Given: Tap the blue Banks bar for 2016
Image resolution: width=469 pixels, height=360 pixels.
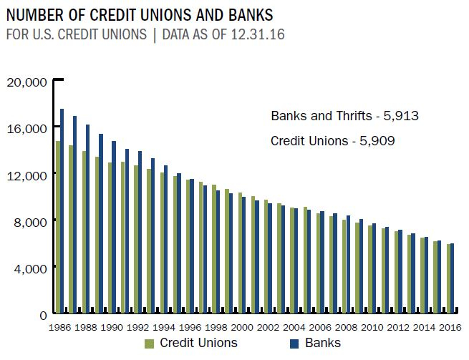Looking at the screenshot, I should coord(452,278).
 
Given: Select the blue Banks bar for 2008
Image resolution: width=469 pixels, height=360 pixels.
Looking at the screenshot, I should coord(348,264).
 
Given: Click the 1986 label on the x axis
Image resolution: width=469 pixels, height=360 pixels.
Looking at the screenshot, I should coord(59,327).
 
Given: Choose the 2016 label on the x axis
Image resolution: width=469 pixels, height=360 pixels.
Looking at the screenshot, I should coord(449,327).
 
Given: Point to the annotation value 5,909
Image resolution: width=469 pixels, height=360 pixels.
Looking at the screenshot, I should coord(378,141).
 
